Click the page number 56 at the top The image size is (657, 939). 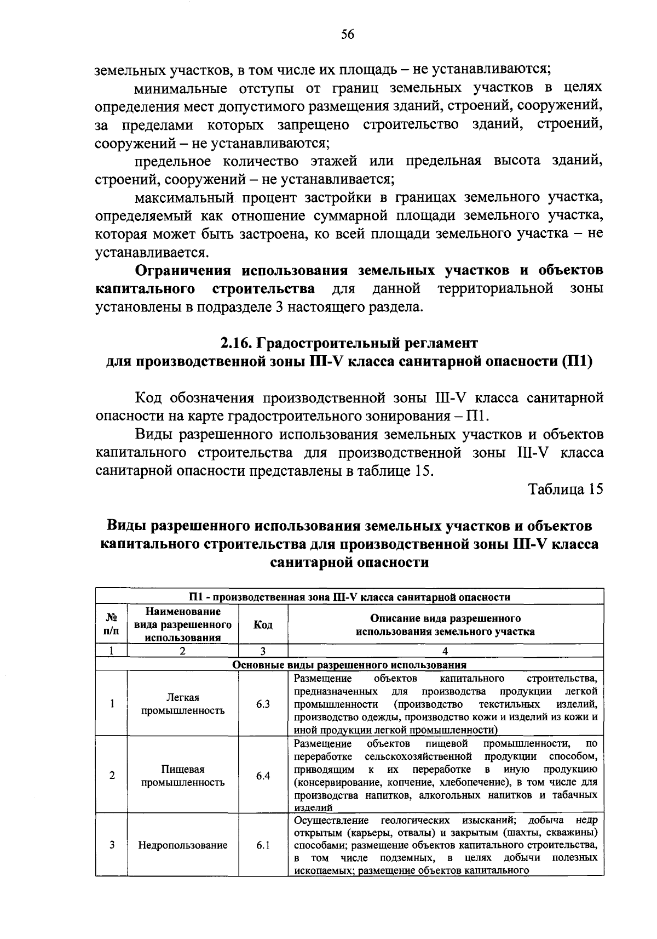tap(348, 35)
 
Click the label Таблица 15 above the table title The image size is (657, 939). tap(566, 489)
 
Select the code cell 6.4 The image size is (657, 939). tap(263, 776)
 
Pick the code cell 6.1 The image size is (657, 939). tap(263, 845)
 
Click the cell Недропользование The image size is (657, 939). tap(183, 845)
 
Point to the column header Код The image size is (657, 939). tap(263, 625)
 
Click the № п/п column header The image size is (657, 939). tap(111, 625)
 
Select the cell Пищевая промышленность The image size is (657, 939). tap(183, 776)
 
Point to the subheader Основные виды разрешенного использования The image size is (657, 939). tap(349, 665)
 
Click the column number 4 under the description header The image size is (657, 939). tap(445, 651)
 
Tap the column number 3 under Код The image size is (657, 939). tap(263, 651)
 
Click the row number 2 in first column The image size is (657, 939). tap(112, 776)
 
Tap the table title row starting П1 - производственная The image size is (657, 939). tap(349, 597)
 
